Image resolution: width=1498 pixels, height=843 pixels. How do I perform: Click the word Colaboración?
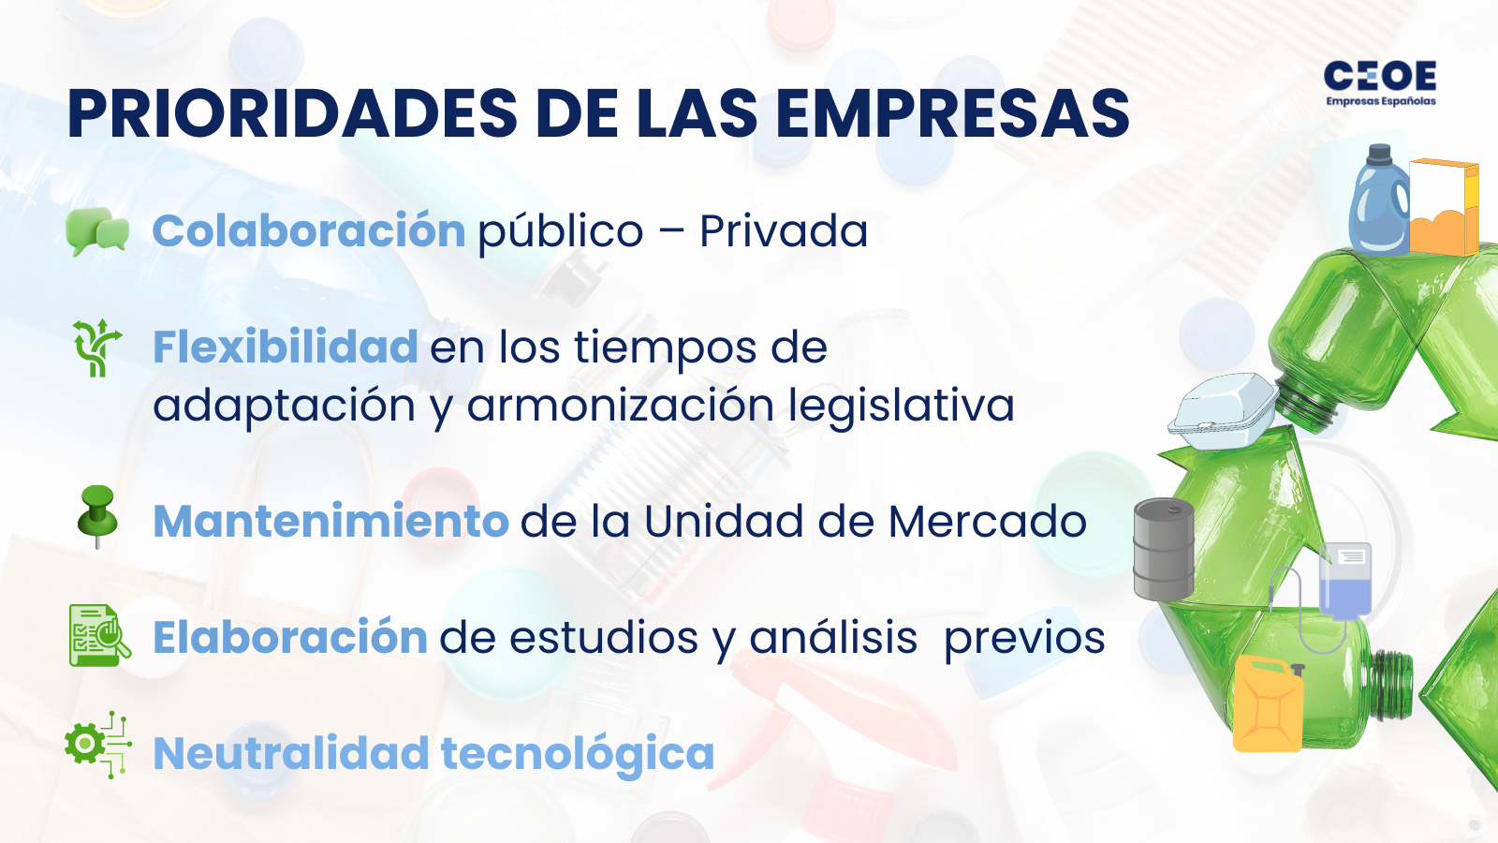click(309, 231)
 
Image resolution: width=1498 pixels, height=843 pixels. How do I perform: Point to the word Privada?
click(784, 231)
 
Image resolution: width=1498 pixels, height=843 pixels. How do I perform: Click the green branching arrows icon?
click(96, 348)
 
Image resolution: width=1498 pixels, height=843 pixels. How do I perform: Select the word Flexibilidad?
click(286, 348)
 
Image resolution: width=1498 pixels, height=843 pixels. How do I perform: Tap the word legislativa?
click(901, 406)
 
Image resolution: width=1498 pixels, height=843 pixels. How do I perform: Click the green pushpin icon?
click(97, 515)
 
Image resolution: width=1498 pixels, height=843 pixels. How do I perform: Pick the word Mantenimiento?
click(330, 522)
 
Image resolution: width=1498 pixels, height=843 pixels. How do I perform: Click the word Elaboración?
click(290, 638)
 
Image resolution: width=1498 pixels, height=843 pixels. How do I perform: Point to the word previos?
click(1024, 638)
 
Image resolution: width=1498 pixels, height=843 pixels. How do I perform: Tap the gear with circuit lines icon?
click(97, 745)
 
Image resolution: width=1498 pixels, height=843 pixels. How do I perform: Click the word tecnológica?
click(578, 754)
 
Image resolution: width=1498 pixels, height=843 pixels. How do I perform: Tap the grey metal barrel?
click(1164, 549)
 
